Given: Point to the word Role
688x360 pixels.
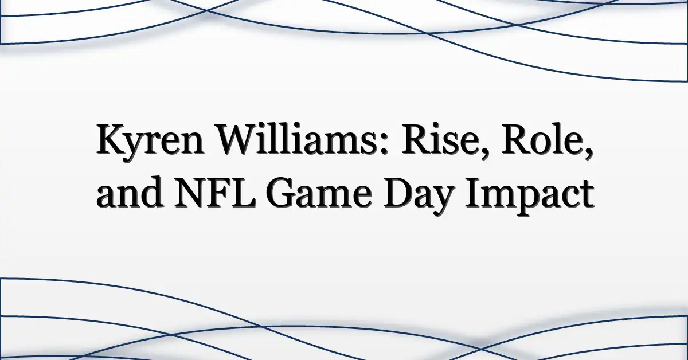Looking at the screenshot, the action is point(543,140).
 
